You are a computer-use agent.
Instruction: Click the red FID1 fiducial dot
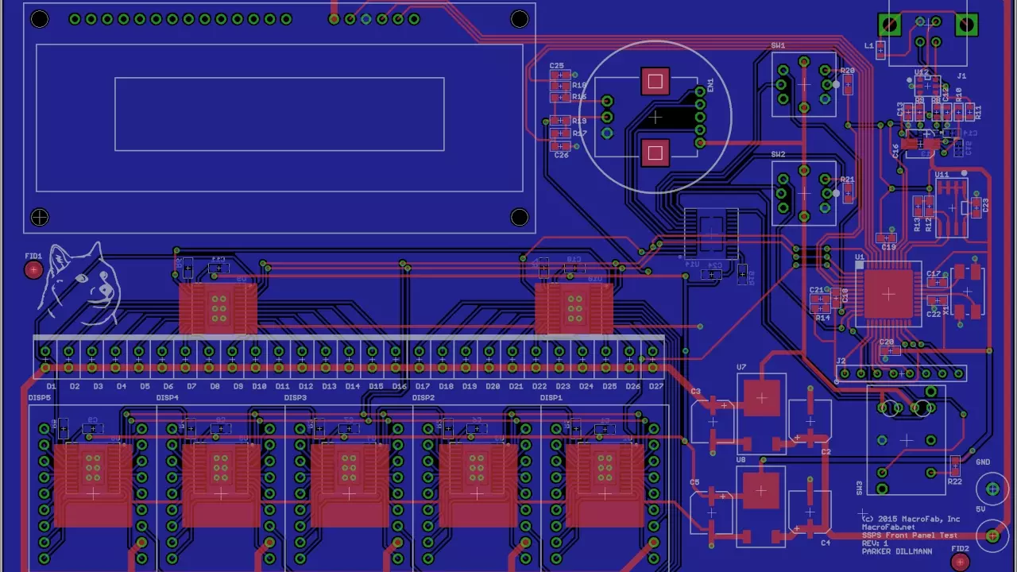(x=33, y=270)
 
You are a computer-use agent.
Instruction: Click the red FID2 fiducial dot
(x=961, y=562)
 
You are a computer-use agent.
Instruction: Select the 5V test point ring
(x=992, y=535)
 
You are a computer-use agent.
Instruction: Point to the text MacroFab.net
(x=888, y=527)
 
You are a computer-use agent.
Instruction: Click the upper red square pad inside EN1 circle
(x=655, y=81)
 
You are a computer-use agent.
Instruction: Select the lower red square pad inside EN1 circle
(x=655, y=153)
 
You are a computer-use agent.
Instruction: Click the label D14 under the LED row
(x=352, y=387)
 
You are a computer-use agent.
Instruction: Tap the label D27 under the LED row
(x=656, y=387)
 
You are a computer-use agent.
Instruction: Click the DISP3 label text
(x=295, y=398)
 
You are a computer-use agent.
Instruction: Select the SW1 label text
(x=778, y=46)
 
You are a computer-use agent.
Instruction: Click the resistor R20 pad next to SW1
(x=847, y=84)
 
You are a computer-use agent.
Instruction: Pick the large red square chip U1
(x=888, y=294)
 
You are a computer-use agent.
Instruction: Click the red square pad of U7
(x=761, y=398)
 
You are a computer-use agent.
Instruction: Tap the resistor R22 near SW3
(x=955, y=466)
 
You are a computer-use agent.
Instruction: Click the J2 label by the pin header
(x=841, y=361)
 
